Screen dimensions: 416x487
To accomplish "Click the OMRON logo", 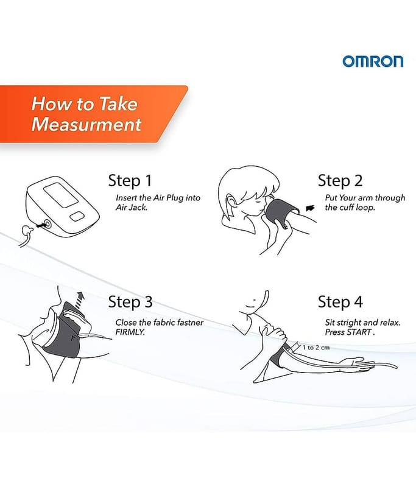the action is [x=373, y=61].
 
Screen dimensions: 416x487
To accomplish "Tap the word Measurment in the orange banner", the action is [x=86, y=124].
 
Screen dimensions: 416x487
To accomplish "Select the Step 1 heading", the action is [x=130, y=181].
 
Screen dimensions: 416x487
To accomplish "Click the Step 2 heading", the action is [x=340, y=181].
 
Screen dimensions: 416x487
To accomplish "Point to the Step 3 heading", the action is [x=130, y=302].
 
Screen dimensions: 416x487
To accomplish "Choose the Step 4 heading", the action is [x=340, y=302].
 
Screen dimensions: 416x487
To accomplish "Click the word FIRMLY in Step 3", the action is [x=130, y=332].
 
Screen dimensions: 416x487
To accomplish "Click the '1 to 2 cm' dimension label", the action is [x=316, y=348].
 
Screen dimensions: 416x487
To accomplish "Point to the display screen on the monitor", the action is [x=61, y=195].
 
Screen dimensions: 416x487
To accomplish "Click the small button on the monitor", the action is [x=77, y=217].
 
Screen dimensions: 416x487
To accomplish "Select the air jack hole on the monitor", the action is [x=47, y=225].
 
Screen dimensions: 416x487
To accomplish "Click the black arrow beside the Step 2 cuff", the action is [x=310, y=208].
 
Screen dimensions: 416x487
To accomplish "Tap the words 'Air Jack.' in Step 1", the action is [x=131, y=208].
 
